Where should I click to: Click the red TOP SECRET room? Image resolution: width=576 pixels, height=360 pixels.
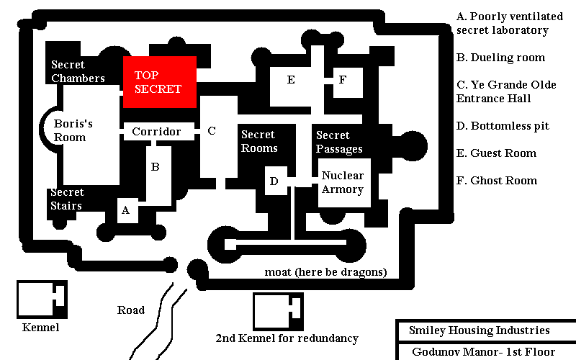(160, 82)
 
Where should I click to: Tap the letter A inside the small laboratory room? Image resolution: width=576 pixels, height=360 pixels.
(125, 210)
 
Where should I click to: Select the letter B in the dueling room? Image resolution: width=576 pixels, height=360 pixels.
(156, 167)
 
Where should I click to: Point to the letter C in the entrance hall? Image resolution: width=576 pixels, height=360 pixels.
(212, 131)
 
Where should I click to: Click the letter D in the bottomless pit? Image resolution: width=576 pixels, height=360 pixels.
(274, 181)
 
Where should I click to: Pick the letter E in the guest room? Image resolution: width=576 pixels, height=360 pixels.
(291, 80)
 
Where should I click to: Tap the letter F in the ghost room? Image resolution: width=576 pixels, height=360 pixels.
(343, 80)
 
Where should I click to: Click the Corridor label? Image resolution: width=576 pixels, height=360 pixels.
(156, 132)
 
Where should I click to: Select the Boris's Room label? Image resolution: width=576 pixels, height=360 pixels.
(73, 130)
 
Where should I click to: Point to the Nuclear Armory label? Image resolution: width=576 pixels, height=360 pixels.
(343, 182)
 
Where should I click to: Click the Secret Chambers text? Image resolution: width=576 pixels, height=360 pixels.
(78, 71)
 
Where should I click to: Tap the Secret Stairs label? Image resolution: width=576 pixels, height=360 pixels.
(67, 199)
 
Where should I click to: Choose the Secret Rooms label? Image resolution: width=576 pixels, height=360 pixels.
(259, 141)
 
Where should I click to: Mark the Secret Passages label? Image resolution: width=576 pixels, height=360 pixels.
(339, 142)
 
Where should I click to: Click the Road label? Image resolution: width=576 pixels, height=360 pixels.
(131, 310)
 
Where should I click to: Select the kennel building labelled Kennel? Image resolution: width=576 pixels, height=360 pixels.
(42, 300)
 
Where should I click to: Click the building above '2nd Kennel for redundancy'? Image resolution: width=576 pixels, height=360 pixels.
(278, 312)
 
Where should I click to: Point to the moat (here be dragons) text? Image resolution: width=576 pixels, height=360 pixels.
(326, 272)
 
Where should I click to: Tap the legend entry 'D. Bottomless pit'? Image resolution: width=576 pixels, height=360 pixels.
(503, 126)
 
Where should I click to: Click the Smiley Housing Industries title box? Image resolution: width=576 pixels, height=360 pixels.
(485, 330)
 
